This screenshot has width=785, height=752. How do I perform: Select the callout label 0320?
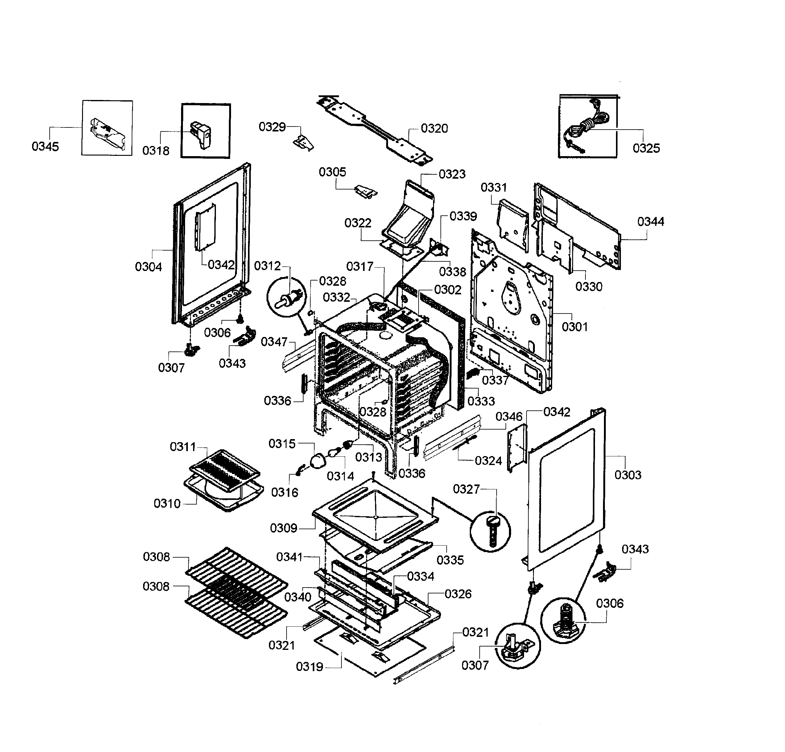434,129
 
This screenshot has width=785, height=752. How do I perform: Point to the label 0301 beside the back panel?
575,327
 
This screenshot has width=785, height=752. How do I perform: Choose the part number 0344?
651,222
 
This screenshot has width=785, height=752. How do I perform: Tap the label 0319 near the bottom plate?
309,667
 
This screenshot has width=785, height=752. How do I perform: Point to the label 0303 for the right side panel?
628,475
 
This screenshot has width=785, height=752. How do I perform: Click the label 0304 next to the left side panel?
148,267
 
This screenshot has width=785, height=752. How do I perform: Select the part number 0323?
452,174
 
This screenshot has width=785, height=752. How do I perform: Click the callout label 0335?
450,560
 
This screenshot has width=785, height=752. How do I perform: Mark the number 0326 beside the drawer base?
458,594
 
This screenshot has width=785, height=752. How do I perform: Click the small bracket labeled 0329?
304,142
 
